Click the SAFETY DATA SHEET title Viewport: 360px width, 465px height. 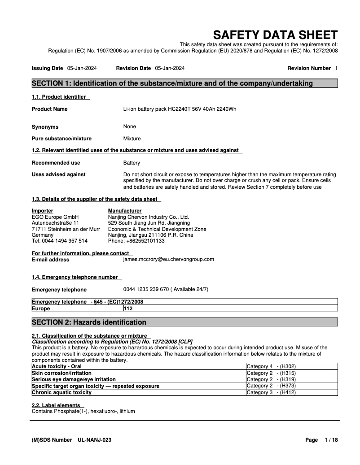click(x=275, y=35)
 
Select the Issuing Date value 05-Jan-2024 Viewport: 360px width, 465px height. click(x=82, y=68)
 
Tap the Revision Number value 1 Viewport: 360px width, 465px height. click(x=336, y=68)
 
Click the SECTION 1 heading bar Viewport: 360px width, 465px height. click(x=184, y=83)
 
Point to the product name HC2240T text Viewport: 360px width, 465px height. click(x=180, y=109)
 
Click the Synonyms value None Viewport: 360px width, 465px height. click(x=129, y=126)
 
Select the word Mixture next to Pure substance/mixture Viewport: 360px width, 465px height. click(x=132, y=139)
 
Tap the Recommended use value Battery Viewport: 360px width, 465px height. click(x=132, y=163)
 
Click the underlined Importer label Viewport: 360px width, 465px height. click(x=42, y=211)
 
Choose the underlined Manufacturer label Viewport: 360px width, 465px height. click(x=124, y=211)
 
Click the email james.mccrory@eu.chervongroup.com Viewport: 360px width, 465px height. click(x=168, y=259)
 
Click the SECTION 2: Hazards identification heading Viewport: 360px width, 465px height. click(x=89, y=322)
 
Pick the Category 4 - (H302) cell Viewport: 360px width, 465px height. click(x=271, y=366)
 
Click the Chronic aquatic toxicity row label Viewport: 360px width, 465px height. click(x=61, y=392)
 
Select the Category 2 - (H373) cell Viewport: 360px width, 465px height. click(x=271, y=386)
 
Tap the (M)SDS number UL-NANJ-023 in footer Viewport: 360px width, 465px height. click(x=94, y=440)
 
